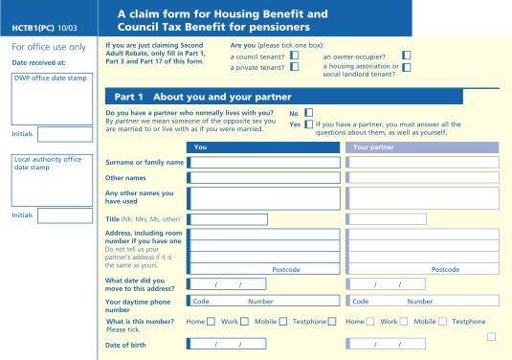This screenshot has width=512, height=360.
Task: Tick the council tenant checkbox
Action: [x=294, y=56]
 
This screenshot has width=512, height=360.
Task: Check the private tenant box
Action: [x=294, y=67]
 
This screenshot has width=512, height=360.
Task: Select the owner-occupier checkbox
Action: [x=407, y=56]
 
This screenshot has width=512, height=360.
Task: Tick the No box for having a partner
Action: [x=308, y=113]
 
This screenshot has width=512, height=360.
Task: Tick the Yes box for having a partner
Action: [x=308, y=124]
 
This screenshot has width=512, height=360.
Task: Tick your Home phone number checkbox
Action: [x=211, y=322]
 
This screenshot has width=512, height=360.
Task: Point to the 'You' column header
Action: [x=200, y=147]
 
